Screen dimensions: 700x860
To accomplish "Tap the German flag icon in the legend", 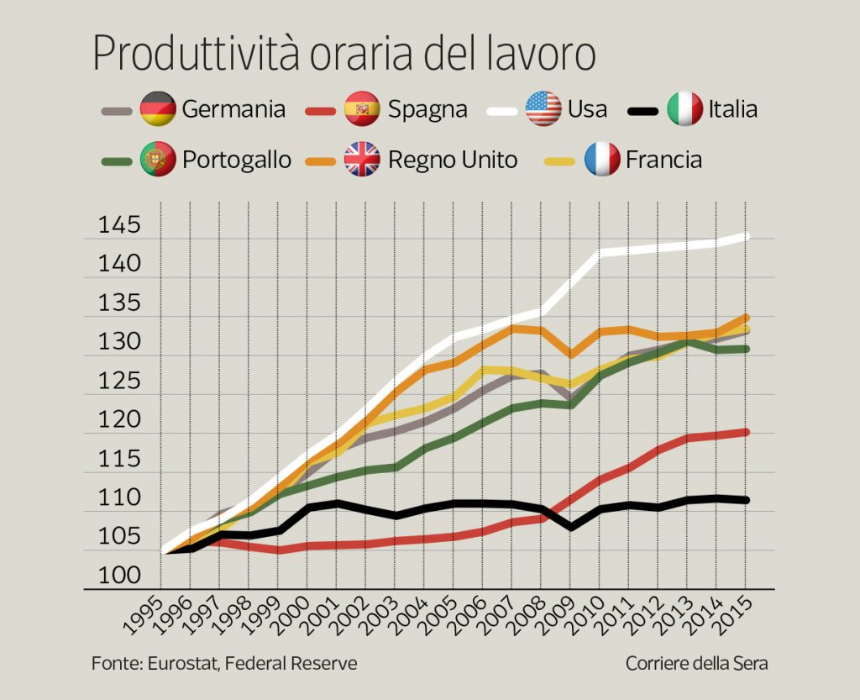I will click(158, 109).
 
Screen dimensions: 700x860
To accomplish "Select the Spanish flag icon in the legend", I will click(362, 109).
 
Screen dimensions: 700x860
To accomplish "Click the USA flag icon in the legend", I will click(543, 109).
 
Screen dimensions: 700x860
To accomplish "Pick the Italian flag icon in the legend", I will click(684, 109).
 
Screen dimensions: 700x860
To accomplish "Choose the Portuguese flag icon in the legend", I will click(158, 159).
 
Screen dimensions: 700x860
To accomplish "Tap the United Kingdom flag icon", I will click(362, 159).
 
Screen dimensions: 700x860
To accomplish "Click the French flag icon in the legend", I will click(601, 159).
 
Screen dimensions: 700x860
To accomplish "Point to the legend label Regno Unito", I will click(453, 160).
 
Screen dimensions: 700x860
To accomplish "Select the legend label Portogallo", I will click(237, 161).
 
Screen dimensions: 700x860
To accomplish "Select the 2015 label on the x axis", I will click(729, 622).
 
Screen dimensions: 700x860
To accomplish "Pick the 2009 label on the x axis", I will click(553, 622).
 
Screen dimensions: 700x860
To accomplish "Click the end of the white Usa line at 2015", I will click(746, 237).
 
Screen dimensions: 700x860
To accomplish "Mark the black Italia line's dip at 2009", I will click(570, 527).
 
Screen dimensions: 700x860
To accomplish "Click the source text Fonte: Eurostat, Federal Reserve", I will click(224, 664).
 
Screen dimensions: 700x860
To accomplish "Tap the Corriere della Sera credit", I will click(696, 664).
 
